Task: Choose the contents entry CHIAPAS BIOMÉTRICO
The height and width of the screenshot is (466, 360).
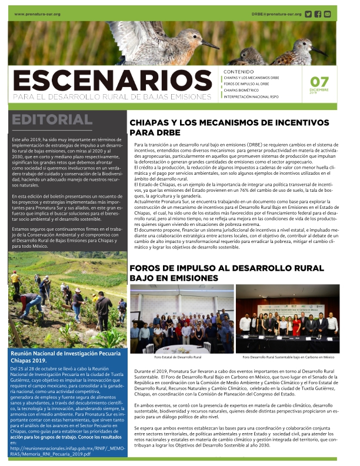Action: (246, 90)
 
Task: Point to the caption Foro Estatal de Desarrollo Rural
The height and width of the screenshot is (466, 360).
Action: (176, 357)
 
